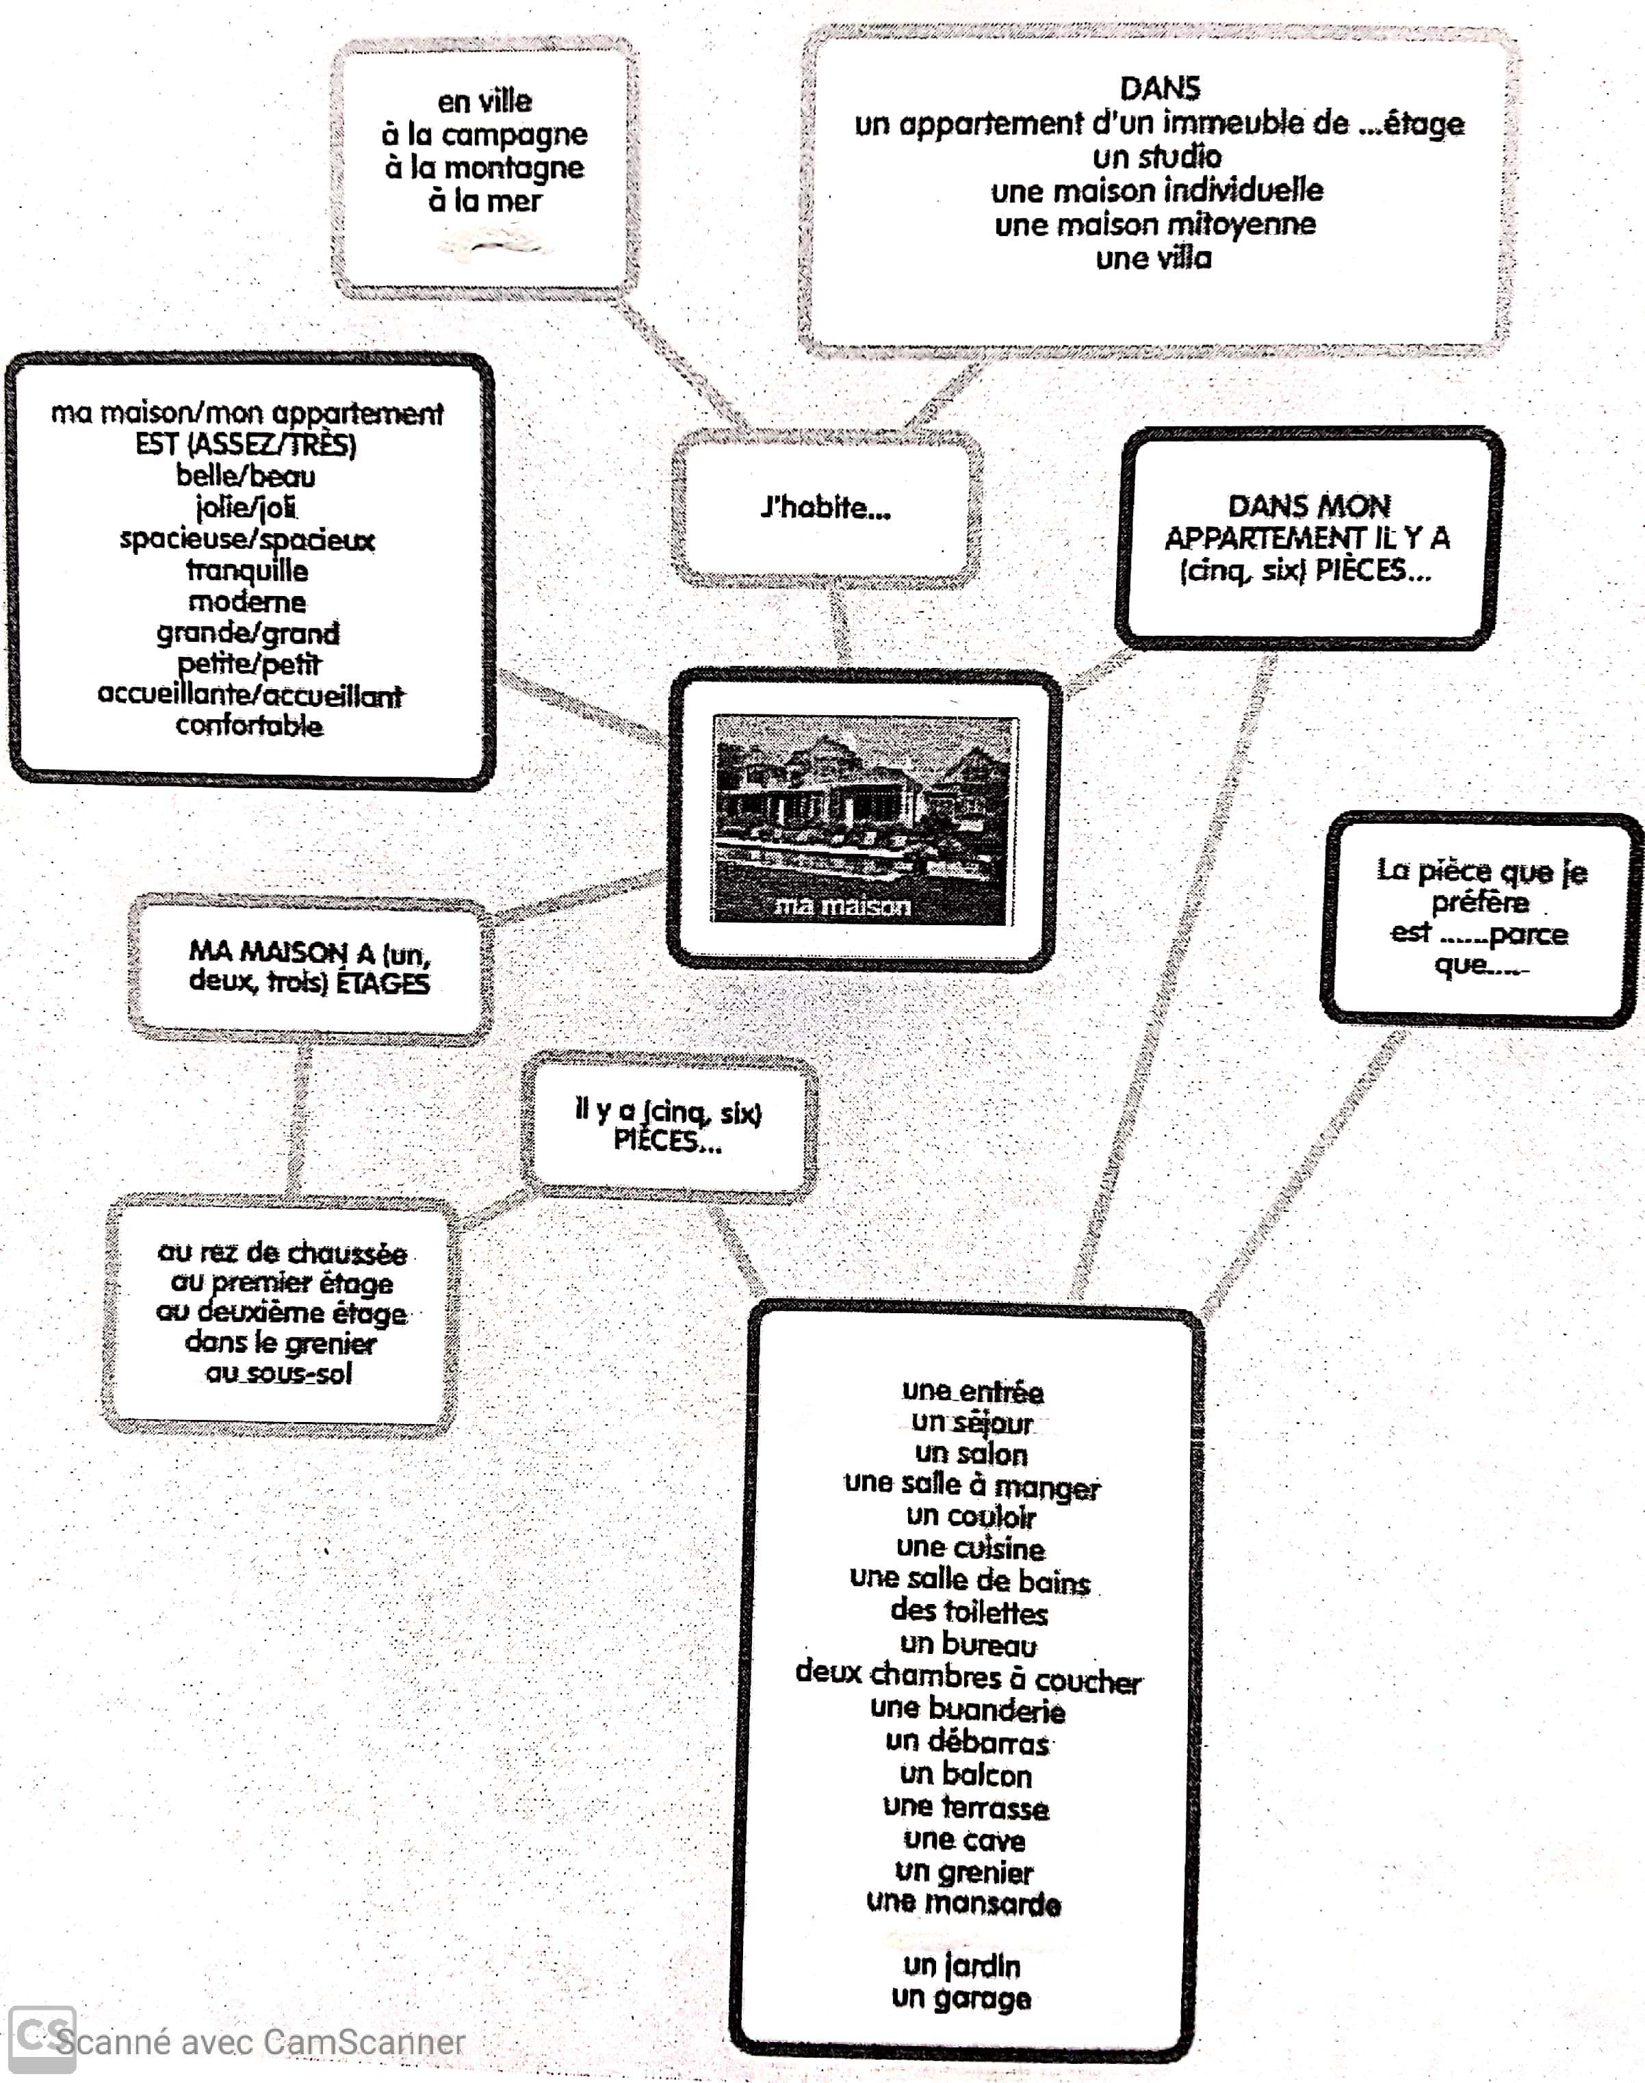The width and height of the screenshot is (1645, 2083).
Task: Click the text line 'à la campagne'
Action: pos(484,135)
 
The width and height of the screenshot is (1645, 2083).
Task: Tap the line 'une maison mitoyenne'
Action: pos(1155,224)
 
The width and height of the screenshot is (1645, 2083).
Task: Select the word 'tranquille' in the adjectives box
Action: pos(248,570)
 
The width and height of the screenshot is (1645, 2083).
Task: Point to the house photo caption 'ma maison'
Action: pos(843,905)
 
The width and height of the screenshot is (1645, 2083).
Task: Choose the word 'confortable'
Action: pos(248,725)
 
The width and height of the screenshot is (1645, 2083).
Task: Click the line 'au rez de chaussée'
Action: pos(281,1253)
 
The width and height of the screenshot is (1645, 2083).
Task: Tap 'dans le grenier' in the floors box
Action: pos(281,1343)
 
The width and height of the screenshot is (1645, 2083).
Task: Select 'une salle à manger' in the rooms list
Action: pos(971,1485)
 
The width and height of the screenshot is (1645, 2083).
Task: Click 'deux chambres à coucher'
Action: pos(968,1677)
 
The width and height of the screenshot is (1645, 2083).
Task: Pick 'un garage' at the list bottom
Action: pos(961,1997)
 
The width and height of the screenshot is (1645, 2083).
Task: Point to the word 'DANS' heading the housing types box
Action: pos(1160,88)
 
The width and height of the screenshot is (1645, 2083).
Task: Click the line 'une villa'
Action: pos(1154,258)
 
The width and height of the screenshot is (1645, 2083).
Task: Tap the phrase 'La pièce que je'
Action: pos(1481,870)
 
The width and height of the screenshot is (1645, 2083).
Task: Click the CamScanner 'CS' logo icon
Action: pos(42,2038)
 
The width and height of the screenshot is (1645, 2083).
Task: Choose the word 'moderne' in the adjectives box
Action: pos(248,602)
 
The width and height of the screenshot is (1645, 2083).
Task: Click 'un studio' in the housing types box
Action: pos(1156,156)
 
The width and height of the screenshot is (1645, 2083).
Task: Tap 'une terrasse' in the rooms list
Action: pos(966,1807)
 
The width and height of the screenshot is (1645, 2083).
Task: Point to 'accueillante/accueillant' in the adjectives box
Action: pos(250,695)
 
